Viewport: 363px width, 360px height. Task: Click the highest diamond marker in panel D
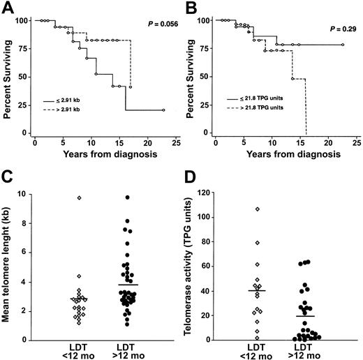[x=257, y=209]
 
